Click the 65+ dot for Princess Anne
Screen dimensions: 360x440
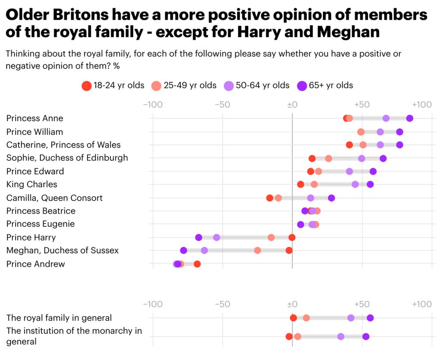(x=409, y=119)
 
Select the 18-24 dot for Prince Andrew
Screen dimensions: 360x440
(x=197, y=264)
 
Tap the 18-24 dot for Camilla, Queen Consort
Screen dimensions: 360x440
(x=269, y=198)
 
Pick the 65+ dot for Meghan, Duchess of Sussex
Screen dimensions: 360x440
(x=183, y=250)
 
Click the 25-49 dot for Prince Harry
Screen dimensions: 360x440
(x=271, y=237)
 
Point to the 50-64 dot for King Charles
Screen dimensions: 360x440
(x=355, y=184)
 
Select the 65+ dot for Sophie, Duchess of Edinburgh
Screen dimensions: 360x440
(x=383, y=158)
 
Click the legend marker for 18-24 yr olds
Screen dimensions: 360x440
(x=86, y=86)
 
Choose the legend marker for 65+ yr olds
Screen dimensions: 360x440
(x=302, y=86)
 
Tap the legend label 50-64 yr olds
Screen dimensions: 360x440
(x=263, y=86)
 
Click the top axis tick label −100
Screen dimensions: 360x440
(x=152, y=105)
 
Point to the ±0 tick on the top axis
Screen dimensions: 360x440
(x=292, y=105)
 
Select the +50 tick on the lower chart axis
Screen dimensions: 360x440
(x=361, y=304)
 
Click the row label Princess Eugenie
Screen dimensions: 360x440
(x=40, y=224)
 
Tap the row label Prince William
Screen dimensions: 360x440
(x=35, y=132)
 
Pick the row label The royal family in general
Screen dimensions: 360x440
(x=59, y=318)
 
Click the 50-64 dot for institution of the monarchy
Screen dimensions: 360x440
(x=341, y=337)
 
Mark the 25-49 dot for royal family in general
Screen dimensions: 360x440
(x=306, y=318)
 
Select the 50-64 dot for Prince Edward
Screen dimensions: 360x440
(x=349, y=171)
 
